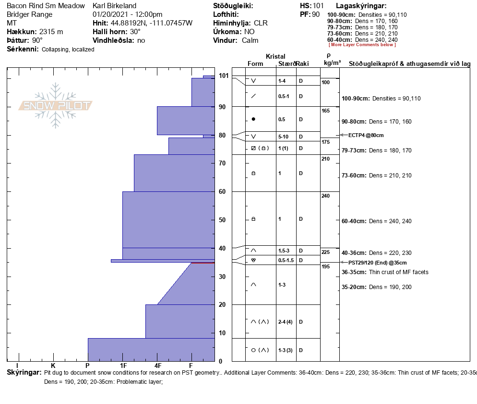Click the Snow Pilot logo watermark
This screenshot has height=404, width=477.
click(x=55, y=105)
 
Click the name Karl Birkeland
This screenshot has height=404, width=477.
click(x=114, y=6)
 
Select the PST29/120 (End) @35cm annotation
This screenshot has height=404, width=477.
click(x=377, y=263)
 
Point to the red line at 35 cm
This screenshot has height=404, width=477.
click(x=203, y=263)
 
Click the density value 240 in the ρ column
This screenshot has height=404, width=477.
click(x=325, y=196)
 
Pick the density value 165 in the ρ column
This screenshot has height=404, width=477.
click(x=325, y=111)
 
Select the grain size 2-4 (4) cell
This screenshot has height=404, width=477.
click(x=285, y=322)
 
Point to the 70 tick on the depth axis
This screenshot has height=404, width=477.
click(x=222, y=164)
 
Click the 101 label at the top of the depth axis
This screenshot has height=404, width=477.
click(x=223, y=76)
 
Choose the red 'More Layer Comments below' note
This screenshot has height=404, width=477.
click(x=362, y=45)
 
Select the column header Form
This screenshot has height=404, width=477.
click(x=255, y=64)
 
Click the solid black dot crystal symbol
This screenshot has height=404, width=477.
click(x=253, y=119)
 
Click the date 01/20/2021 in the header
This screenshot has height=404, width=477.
click(x=110, y=14)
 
